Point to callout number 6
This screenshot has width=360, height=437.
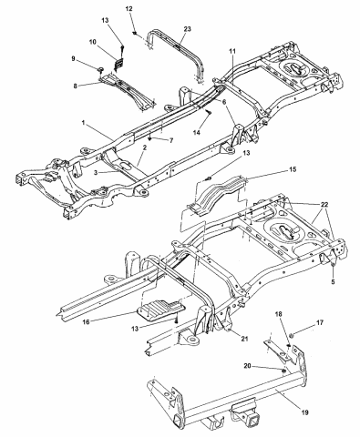tap(221, 102)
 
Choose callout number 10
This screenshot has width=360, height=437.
tap(94, 43)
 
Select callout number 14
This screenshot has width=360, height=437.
tap(196, 133)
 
